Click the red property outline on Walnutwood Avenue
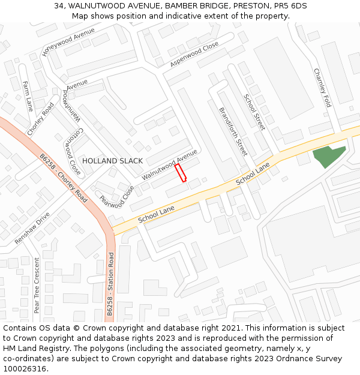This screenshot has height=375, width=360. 181,173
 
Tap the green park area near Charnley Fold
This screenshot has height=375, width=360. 328,155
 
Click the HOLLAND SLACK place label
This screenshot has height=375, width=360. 112,161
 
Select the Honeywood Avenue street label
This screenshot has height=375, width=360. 68,42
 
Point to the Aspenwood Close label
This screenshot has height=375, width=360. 194,55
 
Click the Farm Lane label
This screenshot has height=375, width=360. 28,96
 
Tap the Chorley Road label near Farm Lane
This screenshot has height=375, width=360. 40,118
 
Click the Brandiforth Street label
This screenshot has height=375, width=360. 233,131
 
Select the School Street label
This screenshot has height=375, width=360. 254,112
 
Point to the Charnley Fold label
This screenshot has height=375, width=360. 322,88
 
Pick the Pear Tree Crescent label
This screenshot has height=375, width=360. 37,286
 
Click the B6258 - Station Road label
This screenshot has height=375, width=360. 110,284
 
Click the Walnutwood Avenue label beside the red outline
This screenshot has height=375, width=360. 170,165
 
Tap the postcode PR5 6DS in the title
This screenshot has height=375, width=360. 291,5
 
